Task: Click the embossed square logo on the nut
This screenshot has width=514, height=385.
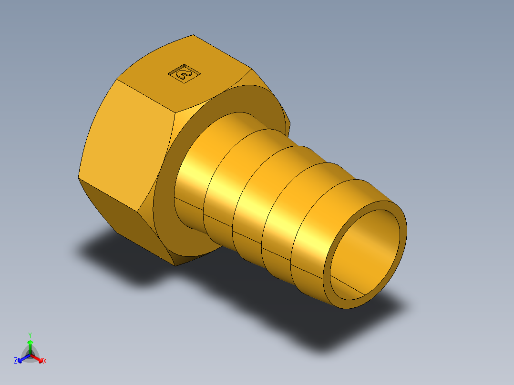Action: (184, 73)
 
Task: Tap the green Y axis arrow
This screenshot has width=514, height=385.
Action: (30, 344)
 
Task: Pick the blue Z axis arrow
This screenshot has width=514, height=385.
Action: (21, 359)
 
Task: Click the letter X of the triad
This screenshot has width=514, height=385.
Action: (45, 361)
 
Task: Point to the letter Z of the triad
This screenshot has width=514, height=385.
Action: (16, 361)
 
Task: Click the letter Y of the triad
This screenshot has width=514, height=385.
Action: (30, 335)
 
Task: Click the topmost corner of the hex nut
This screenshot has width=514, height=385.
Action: (193, 35)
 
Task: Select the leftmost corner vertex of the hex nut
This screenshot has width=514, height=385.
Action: (79, 179)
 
